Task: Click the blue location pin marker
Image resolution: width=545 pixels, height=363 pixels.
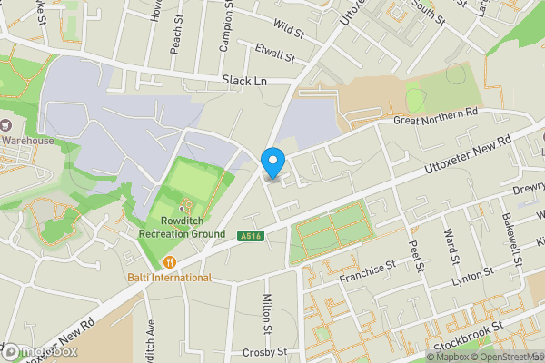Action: tap(272, 162)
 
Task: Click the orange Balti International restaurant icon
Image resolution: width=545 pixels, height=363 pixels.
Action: tap(169, 262)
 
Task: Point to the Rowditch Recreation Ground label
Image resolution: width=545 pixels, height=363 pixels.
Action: tap(182, 227)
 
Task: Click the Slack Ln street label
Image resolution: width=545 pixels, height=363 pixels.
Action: tap(243, 81)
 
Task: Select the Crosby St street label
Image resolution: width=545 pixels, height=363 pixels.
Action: tap(265, 351)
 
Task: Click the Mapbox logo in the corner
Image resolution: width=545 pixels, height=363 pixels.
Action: tap(40, 351)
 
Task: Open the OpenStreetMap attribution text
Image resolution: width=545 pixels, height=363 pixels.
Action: tap(509, 357)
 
